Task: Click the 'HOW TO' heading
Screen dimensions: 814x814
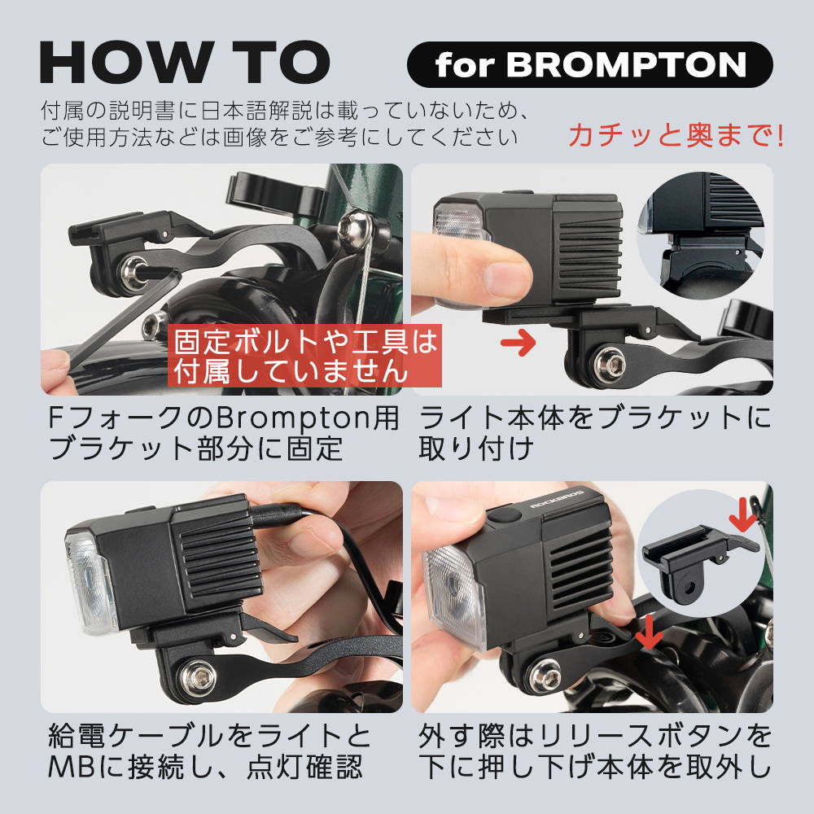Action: [185, 63]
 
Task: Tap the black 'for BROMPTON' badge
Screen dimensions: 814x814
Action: [589, 64]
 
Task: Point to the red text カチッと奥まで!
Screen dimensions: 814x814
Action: [676, 135]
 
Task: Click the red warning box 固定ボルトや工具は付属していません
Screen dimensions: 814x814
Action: [304, 356]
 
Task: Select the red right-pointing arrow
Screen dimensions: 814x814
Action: [518, 343]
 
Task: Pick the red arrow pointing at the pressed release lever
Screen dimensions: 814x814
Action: [649, 632]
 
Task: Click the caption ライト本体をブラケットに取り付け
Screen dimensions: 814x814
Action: [595, 434]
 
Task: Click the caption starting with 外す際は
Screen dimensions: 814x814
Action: [595, 751]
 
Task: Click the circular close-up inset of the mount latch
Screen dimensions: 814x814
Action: [701, 236]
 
